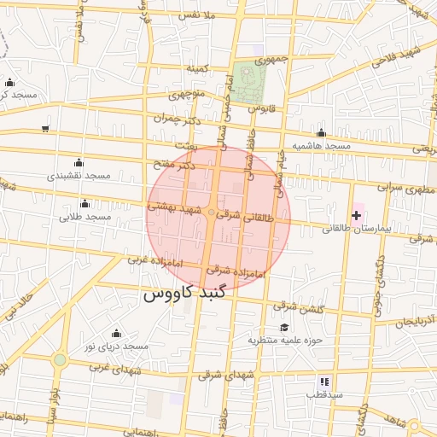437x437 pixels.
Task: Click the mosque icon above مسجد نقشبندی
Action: pyautogui.click(x=79, y=162)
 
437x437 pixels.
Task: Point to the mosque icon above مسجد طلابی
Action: pyautogui.click(x=84, y=203)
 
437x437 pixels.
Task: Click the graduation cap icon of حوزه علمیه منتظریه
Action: pyautogui.click(x=283, y=327)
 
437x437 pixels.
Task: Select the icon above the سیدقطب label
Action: pyautogui.click(x=324, y=382)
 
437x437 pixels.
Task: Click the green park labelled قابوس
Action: pyautogui.click(x=250, y=83)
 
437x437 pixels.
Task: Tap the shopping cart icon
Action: pyautogui.click(x=44, y=129)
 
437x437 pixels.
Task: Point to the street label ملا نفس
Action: pyautogui.click(x=200, y=15)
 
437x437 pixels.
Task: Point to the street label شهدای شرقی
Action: pyautogui.click(x=222, y=374)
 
